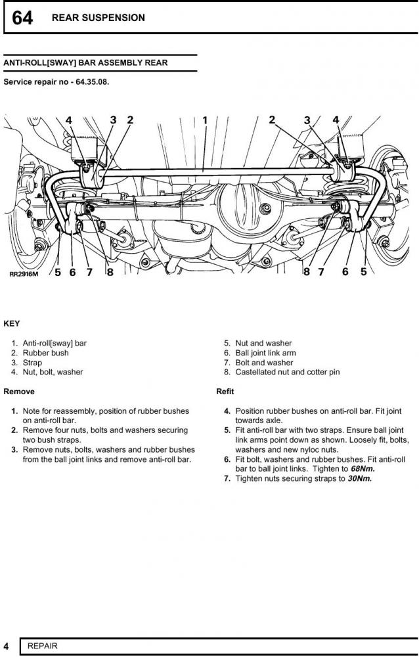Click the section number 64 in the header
point(22,18)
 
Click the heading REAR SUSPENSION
point(99,18)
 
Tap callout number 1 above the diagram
point(205,120)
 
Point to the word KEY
point(12,324)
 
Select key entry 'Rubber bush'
point(45,353)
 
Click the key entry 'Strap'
point(32,363)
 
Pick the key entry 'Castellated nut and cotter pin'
point(287,373)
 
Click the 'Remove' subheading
point(19,392)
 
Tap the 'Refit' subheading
point(225,392)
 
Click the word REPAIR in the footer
point(43,646)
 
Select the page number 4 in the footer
point(6,646)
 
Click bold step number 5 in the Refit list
point(227,430)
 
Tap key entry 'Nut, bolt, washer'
point(53,373)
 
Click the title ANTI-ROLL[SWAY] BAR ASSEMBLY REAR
point(85,63)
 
